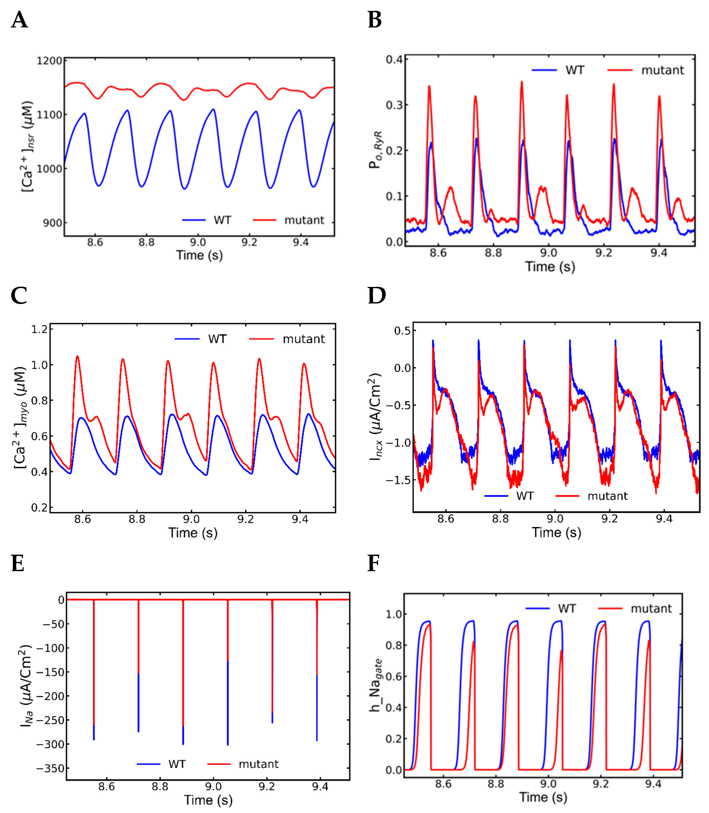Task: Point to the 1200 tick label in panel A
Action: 49,61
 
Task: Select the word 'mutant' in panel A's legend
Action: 304,220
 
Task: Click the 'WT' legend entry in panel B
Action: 574,70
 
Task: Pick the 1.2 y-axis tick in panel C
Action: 40,329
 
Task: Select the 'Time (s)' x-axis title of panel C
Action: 193,533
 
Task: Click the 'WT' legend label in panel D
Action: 525,496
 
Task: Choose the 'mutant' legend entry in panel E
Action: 258,764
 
